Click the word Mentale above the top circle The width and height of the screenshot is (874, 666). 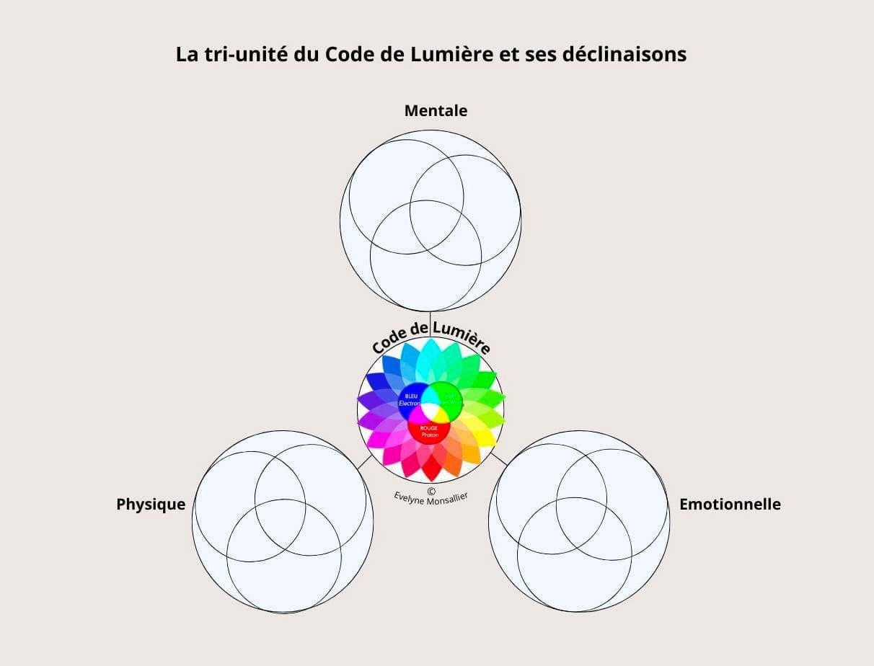click(x=436, y=111)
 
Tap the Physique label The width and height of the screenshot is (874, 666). click(x=151, y=505)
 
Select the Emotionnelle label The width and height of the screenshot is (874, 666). click(x=730, y=505)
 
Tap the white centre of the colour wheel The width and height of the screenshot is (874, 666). click(x=431, y=410)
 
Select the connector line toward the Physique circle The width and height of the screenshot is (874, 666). click(x=365, y=462)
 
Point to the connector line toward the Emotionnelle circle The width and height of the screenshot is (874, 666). click(x=498, y=458)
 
